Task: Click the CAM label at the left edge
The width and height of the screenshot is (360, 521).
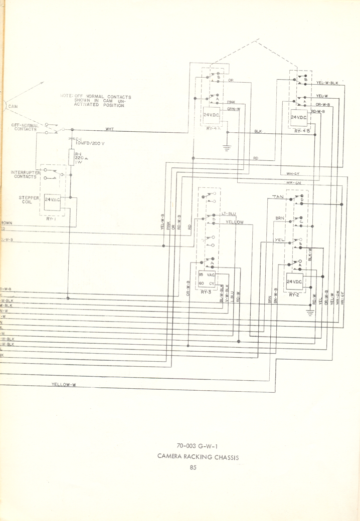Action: [x=13, y=106]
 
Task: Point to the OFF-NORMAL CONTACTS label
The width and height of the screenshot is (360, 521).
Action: [x=25, y=127]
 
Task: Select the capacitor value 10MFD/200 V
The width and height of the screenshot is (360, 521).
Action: [x=89, y=143]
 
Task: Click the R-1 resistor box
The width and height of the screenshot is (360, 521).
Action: [x=71, y=158]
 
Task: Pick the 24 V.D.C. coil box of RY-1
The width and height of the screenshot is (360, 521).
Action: [x=53, y=200]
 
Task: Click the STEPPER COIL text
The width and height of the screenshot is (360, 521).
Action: [x=29, y=200]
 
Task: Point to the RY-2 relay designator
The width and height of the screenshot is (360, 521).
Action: [x=294, y=295]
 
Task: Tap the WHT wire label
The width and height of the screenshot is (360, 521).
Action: [x=109, y=129]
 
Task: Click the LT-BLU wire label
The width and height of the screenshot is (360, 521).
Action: [x=229, y=214]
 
